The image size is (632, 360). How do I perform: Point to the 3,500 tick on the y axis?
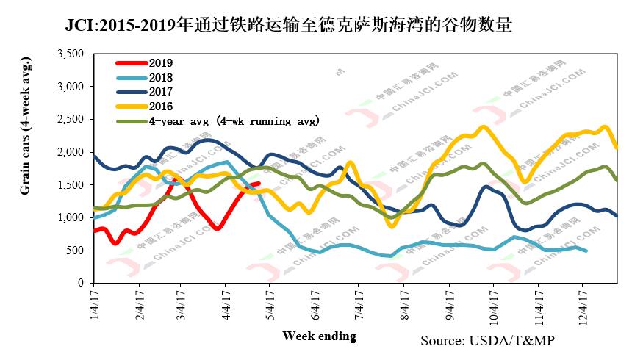72,54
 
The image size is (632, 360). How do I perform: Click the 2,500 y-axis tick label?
72,119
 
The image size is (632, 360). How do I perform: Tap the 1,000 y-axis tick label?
72,217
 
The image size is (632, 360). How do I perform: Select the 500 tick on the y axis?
76,251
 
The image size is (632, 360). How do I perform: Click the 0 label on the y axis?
82,283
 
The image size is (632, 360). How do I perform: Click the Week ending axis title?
320,336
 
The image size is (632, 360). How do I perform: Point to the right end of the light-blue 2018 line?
585,251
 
